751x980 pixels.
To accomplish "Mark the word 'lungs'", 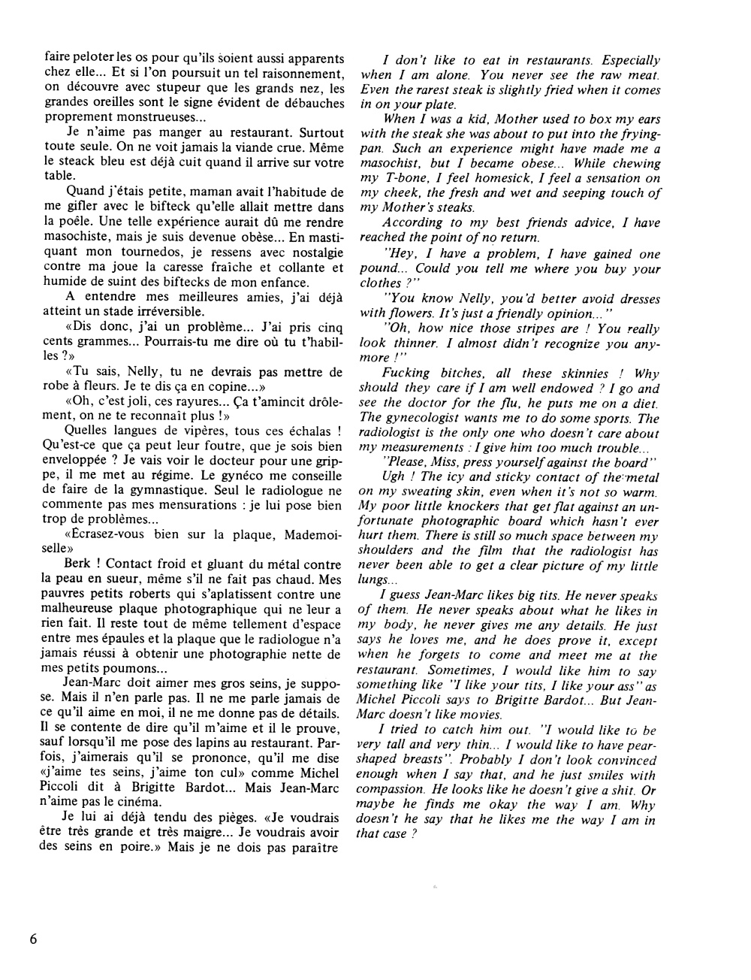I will [x=372, y=580].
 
